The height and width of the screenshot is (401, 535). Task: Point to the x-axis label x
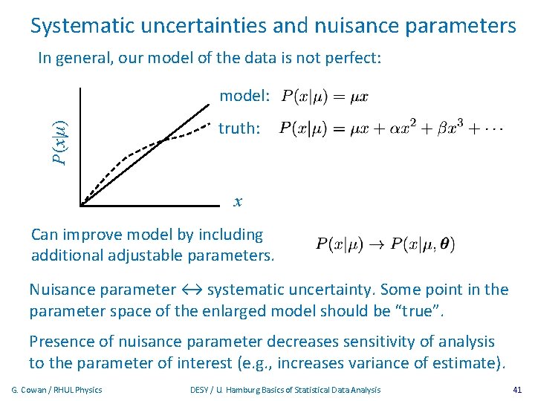point(238,201)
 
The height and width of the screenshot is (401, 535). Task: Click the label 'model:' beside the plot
point(244,96)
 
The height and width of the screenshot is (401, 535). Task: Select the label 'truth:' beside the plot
point(239,128)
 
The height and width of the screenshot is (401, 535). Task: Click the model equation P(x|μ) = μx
point(323,97)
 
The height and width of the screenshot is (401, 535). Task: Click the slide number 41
point(517,390)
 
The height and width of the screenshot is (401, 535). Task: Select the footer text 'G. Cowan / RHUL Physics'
point(57,390)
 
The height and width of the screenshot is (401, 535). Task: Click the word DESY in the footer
point(201,390)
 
